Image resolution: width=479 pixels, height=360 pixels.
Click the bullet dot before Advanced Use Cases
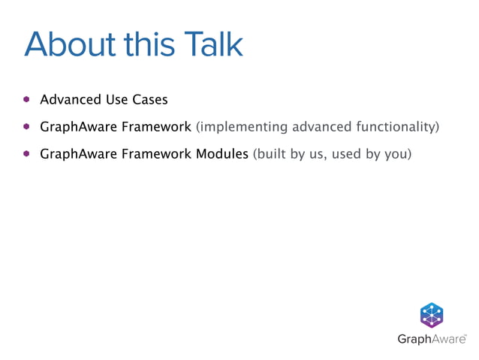(26, 98)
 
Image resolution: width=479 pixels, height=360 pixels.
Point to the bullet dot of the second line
(26, 126)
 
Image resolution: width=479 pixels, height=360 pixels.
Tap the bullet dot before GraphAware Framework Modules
(26, 154)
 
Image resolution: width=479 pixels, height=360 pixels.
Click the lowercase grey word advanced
(319, 127)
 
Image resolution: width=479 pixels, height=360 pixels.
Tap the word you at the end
(398, 155)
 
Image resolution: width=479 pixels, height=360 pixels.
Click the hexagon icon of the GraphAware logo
(431, 315)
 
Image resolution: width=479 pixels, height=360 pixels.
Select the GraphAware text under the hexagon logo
(431, 339)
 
